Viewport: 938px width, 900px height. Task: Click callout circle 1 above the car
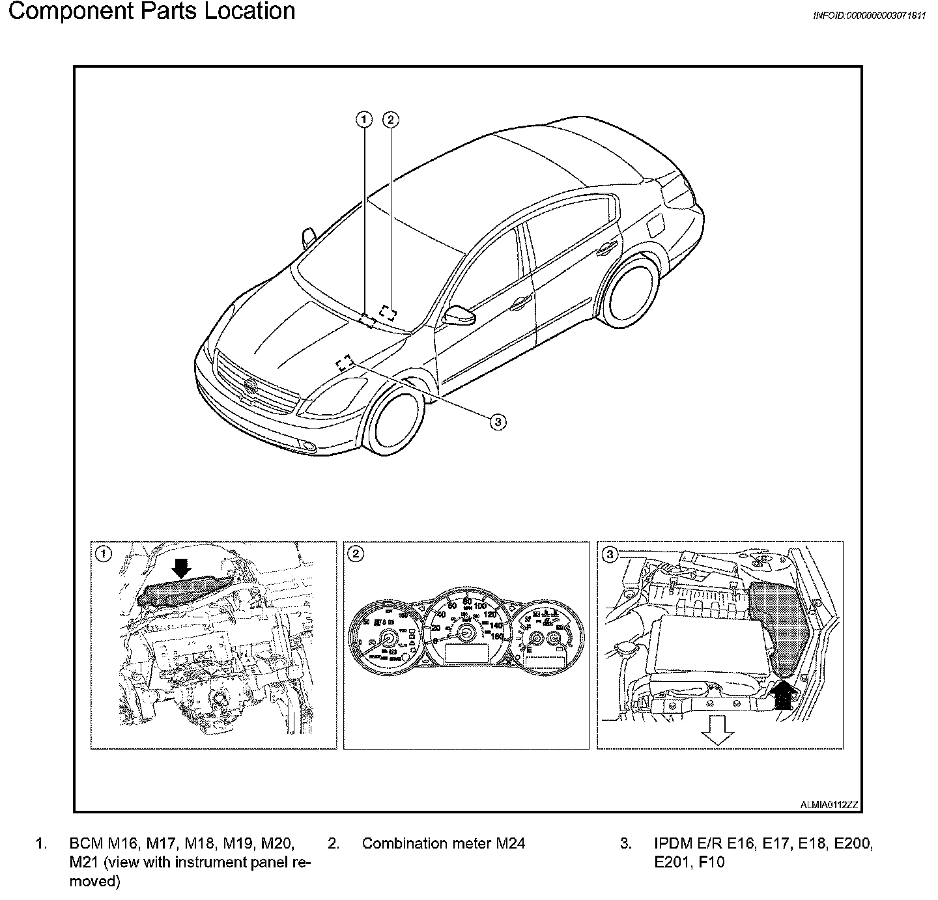click(364, 119)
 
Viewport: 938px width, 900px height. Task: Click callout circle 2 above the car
click(390, 119)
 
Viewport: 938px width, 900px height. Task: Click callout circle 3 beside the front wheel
click(497, 421)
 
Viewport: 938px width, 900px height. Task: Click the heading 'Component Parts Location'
click(151, 11)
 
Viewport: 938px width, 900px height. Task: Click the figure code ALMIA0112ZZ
click(829, 805)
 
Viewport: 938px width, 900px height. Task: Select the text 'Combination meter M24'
click(443, 843)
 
